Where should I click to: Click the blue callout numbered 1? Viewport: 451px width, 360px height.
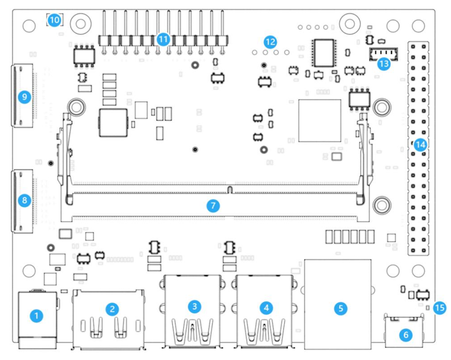tap(36, 316)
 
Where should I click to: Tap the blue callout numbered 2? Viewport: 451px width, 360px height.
tap(113, 309)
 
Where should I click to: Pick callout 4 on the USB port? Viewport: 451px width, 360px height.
tap(266, 306)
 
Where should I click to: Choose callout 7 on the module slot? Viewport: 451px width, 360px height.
tap(213, 205)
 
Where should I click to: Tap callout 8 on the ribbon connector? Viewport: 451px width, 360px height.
tap(24, 200)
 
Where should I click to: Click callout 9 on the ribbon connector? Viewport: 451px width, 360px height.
tap(24, 97)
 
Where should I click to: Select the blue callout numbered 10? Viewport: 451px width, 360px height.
tap(54, 20)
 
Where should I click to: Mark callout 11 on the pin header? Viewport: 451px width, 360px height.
tap(163, 39)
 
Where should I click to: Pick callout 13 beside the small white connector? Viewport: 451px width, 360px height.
tap(383, 64)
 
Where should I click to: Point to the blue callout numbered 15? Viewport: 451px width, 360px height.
tap(440, 307)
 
